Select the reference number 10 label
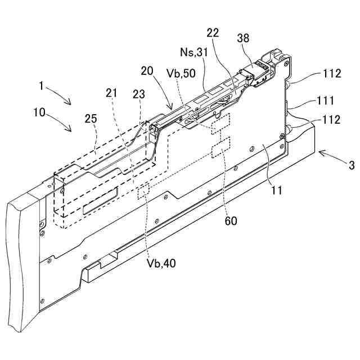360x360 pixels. pos(39,112)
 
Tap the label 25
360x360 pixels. pos(90,119)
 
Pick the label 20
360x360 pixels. pos(147,71)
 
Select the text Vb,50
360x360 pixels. pos(181,73)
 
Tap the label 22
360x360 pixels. pos(213,33)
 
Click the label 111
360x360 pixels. pos(325,101)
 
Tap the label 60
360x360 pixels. pos(231,220)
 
